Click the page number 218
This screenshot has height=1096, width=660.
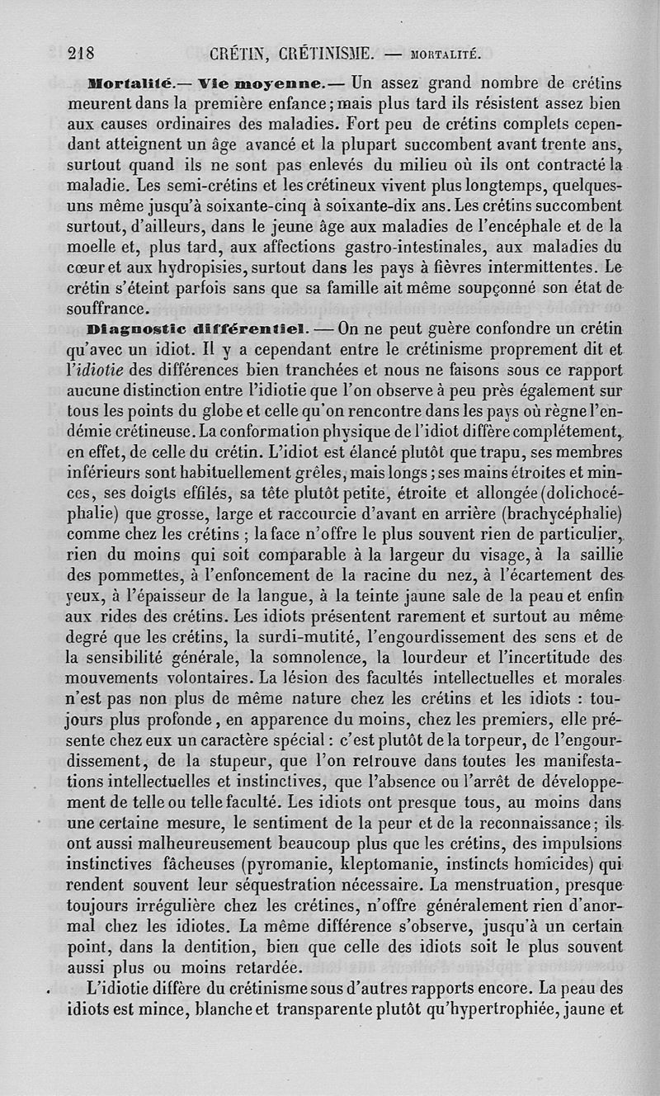point(81,54)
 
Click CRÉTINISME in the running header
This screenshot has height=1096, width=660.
point(326,54)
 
